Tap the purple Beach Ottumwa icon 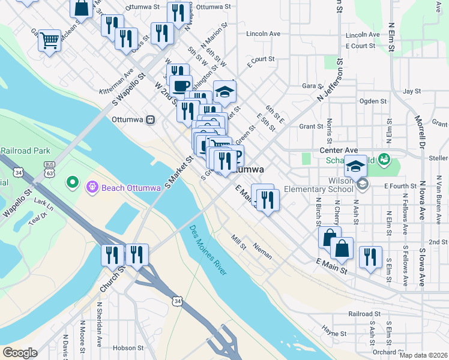(x=92, y=188)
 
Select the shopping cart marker (x=49, y=41)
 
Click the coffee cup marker (x=180, y=85)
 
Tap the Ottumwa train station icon (x=151, y=119)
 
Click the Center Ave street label (x=339, y=150)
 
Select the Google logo (x=20, y=353)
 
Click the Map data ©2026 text (x=423, y=355)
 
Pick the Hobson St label (x=125, y=347)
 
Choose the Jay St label (x=412, y=91)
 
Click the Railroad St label (x=364, y=314)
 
